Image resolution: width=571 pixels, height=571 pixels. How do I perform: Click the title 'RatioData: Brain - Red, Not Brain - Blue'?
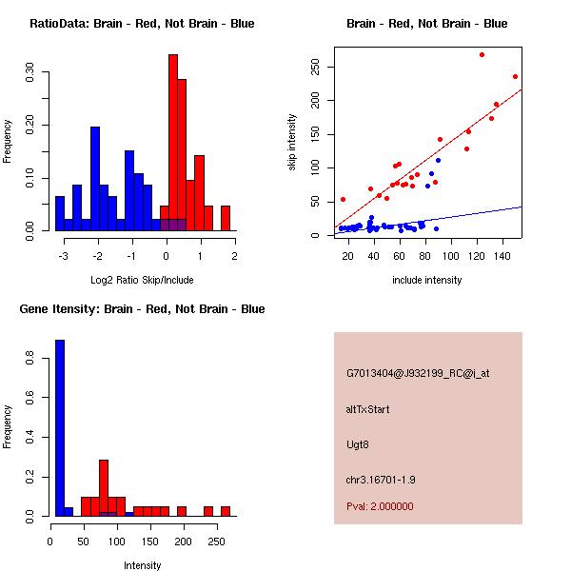click(142, 24)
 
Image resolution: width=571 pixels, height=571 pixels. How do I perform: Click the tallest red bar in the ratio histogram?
click(173, 143)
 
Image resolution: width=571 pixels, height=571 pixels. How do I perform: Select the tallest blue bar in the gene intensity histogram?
click(60, 428)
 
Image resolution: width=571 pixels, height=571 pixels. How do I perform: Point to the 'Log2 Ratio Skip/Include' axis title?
click(142, 280)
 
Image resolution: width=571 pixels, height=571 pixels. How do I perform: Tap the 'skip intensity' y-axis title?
click(292, 143)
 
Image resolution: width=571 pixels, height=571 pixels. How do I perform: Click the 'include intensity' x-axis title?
click(427, 280)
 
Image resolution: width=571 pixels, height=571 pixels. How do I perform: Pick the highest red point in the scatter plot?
click(482, 54)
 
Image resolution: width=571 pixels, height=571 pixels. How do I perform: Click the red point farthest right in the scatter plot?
click(515, 76)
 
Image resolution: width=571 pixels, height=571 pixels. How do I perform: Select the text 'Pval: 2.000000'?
click(380, 506)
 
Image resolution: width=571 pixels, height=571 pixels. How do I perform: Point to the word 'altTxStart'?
click(367, 409)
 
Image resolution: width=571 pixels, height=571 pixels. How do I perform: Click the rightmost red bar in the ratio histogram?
click(226, 218)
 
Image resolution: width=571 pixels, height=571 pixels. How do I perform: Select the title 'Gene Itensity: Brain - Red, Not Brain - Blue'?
click(142, 309)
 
